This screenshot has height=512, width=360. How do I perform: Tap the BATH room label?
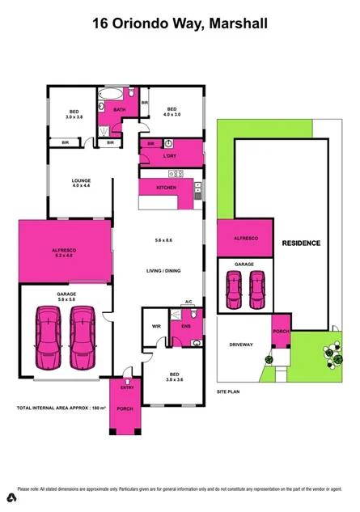coord(120,109)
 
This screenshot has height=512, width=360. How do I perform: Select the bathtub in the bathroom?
coord(106,104)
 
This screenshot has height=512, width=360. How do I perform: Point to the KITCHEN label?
coord(167,188)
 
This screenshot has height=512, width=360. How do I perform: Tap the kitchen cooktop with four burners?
coord(175,174)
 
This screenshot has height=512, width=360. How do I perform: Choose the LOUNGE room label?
coord(81,180)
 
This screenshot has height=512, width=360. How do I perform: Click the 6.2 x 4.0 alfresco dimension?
coord(65,256)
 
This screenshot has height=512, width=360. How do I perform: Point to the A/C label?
coord(188,301)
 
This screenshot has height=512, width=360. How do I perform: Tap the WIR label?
coord(157,327)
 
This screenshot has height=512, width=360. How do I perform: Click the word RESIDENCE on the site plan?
coord(301,243)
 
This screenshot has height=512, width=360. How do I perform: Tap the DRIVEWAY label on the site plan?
coord(242,345)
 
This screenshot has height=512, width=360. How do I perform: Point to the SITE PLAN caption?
coord(229,391)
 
